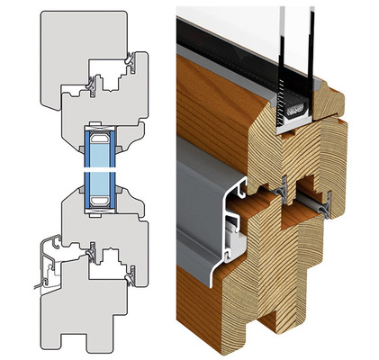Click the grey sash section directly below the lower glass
click(x=104, y=225)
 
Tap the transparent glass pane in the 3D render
click(x=243, y=22)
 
